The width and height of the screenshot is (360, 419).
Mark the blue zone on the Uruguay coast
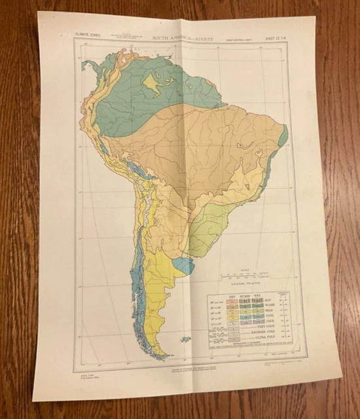[x=186, y=265]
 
